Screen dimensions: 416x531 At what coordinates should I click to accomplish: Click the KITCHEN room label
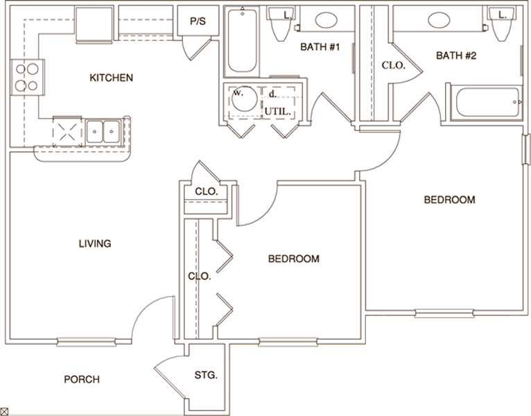pos(111,78)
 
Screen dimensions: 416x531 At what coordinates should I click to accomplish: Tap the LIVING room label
pos(95,243)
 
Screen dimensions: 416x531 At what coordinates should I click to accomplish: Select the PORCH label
pos(81,379)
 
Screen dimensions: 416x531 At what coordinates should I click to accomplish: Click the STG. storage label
pos(207,376)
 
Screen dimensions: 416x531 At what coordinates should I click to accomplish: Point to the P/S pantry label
pos(198,21)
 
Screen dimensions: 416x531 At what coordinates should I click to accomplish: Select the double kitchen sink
pos(103,130)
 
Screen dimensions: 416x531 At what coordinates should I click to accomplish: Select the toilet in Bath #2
pos(504,26)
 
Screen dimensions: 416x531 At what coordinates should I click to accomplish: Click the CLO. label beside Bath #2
pos(393,66)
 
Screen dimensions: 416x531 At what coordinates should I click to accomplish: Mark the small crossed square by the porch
pos(4,411)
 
